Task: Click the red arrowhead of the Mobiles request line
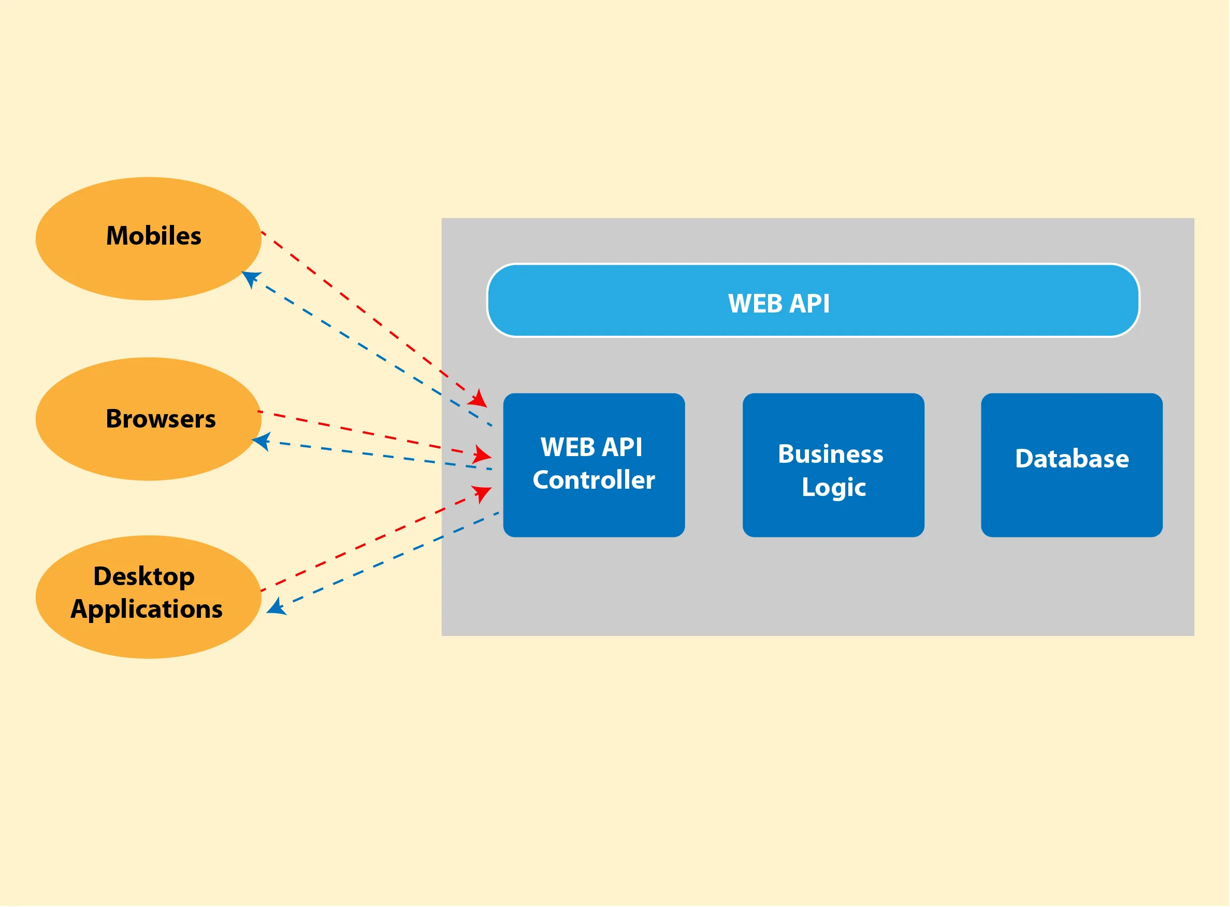[479, 400]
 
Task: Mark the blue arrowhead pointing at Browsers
[261, 441]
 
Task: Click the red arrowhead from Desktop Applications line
[482, 492]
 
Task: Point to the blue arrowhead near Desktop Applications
[276, 607]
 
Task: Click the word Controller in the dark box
[594, 480]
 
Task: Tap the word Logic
[833, 488]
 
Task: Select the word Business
[831, 455]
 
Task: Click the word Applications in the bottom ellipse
[147, 610]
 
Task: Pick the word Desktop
[144, 576]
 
